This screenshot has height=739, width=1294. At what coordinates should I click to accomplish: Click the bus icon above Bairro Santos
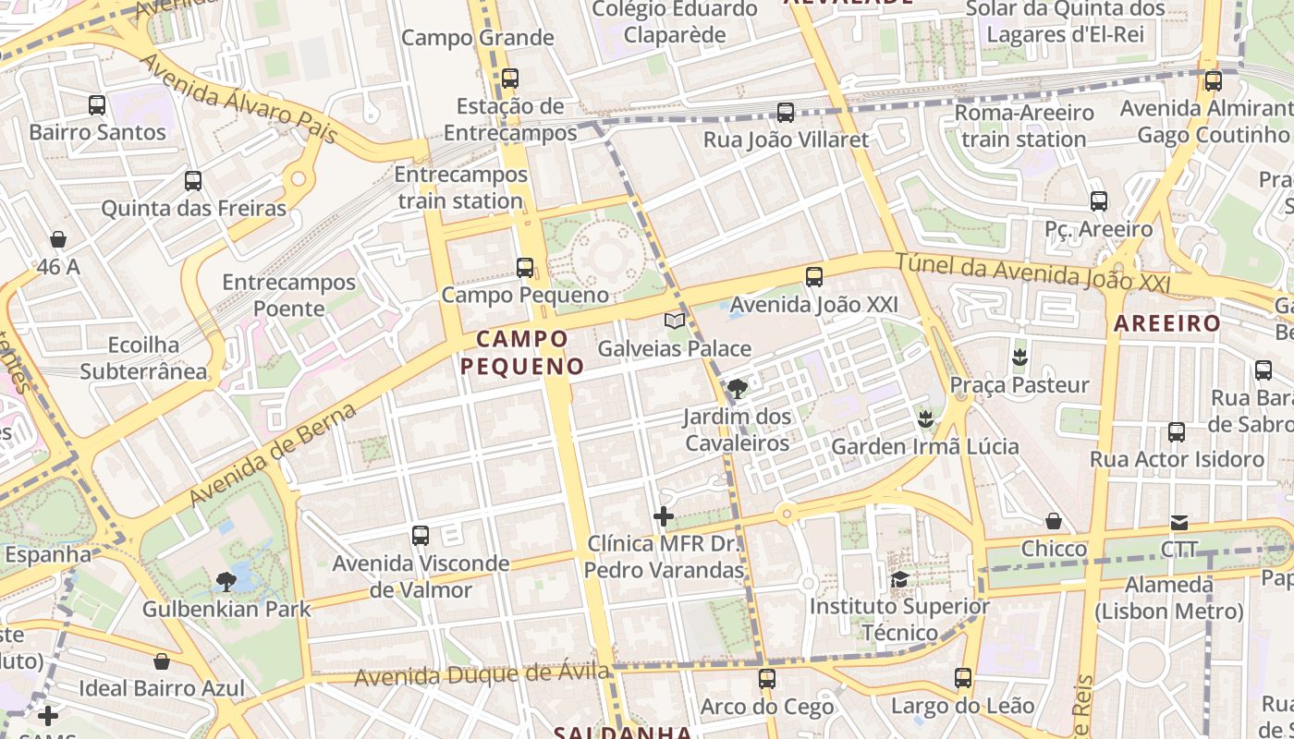[97, 105]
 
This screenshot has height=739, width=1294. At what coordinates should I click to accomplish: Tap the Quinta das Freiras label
[193, 208]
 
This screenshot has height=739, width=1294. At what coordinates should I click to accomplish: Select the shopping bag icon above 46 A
[58, 240]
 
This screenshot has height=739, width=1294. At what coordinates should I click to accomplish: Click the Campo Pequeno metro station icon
[525, 268]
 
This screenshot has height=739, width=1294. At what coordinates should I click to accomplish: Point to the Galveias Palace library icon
[675, 321]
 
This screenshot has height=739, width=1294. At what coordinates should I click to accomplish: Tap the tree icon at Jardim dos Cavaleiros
[737, 389]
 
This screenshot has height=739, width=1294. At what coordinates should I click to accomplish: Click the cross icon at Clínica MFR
[664, 516]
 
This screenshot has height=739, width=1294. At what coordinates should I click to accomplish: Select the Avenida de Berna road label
[273, 454]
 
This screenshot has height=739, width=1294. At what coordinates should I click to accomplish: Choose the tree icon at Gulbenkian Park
[226, 581]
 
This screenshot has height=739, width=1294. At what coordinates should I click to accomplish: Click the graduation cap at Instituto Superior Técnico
[899, 579]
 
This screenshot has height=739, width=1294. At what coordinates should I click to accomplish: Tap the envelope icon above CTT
[1179, 523]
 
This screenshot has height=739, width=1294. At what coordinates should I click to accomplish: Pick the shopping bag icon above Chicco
[1054, 522]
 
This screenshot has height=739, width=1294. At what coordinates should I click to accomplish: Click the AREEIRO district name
[1166, 323]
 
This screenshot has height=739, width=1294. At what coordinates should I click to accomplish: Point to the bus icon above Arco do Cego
[766, 679]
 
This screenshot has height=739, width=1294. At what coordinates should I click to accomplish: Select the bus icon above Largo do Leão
[963, 678]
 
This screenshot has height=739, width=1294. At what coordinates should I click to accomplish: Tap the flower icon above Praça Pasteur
[1019, 357]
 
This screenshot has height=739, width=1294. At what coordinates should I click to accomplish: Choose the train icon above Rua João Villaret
[786, 113]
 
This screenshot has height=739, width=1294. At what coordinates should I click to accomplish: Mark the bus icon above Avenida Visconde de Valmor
[421, 536]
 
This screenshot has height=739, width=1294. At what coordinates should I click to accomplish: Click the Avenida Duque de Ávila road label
[482, 675]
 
